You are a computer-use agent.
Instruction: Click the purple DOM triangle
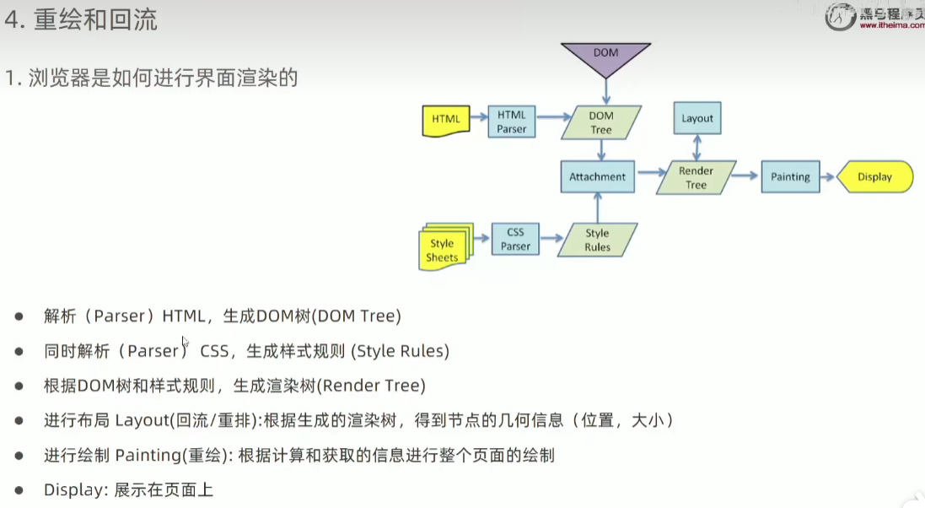pos(605,55)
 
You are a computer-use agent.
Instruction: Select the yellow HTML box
pos(445,120)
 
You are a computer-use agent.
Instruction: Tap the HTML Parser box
pos(511,122)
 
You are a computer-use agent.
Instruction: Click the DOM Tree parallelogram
pos(601,122)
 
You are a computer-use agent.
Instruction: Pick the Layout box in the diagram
pos(697,118)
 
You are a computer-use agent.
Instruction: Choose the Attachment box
pos(597,177)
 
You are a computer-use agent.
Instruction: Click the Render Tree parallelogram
pos(696,177)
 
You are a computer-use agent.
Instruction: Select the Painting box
pos(790,177)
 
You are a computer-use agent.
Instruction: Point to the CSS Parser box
pos(515,239)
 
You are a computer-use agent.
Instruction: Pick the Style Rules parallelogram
pos(597,240)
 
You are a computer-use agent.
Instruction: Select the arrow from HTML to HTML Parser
pos(478,119)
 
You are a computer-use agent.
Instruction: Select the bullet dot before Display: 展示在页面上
pos(19,490)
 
